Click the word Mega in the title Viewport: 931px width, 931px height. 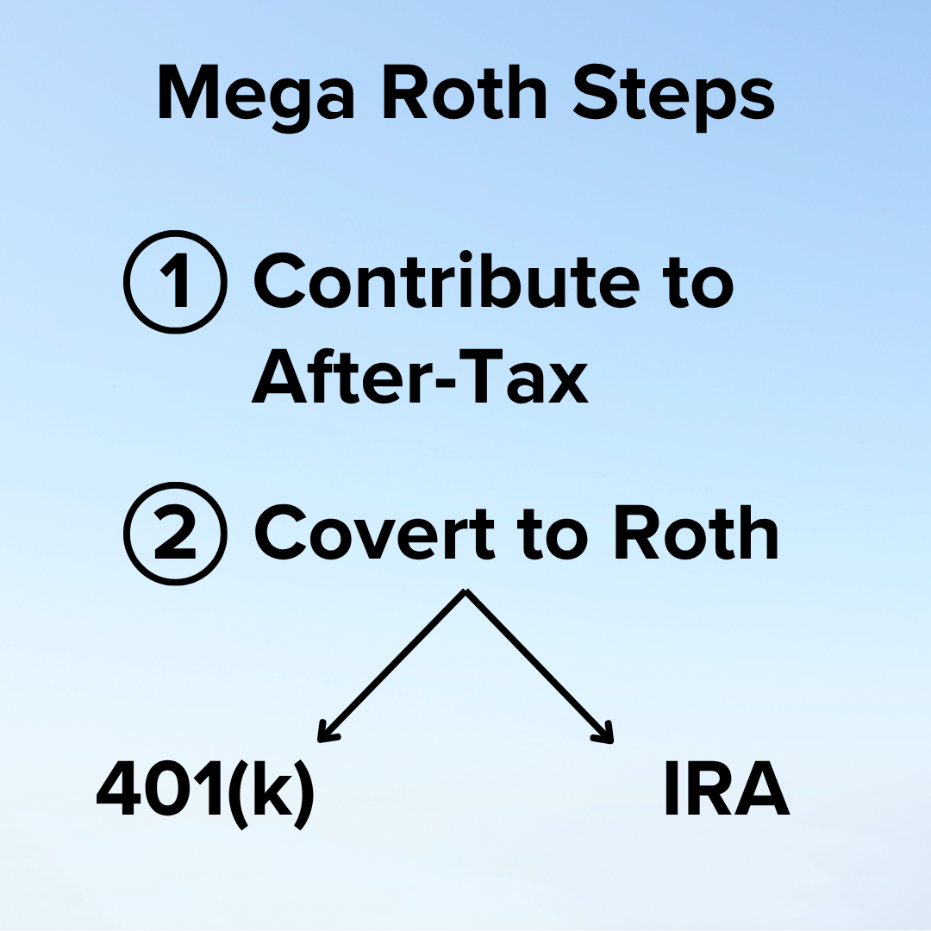click(x=256, y=95)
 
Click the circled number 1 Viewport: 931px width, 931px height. click(x=176, y=282)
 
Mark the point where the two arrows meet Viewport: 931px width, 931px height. click(x=465, y=591)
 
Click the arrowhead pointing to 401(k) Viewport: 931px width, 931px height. click(x=325, y=734)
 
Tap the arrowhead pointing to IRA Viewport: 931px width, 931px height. click(x=606, y=734)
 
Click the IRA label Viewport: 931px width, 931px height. click(x=727, y=791)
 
